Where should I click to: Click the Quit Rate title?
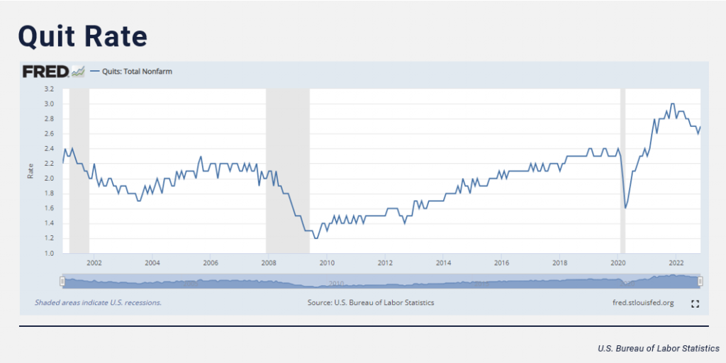[82, 36]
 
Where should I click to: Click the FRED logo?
[46, 71]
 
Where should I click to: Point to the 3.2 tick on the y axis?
[49, 89]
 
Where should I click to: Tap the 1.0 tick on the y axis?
[49, 253]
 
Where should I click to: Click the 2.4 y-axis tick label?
[49, 149]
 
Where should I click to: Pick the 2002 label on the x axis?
[94, 262]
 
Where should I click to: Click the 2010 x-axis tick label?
[326, 262]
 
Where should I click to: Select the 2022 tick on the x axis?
[676, 262]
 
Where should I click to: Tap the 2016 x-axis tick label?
[501, 262]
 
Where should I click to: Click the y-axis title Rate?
[30, 171]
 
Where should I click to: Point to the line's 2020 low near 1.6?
[625, 208]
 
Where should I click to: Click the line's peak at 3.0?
[672, 104]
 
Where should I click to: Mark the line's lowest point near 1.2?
[315, 238]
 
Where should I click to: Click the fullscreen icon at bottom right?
[695, 303]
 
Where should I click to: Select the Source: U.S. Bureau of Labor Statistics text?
[371, 303]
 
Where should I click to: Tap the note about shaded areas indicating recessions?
[98, 303]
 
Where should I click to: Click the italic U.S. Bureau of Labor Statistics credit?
[659, 348]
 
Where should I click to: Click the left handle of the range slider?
[62, 281]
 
